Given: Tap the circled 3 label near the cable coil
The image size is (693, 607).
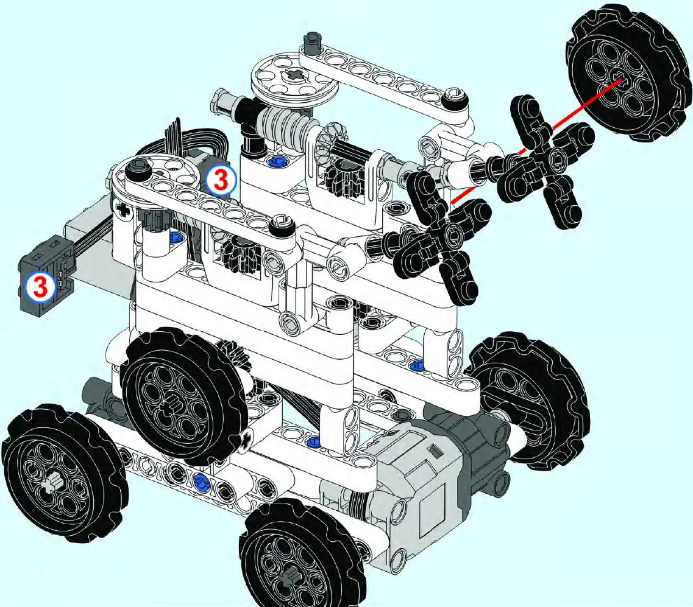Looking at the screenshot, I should point(221,181).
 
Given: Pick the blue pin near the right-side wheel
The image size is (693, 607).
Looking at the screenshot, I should point(418,365).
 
